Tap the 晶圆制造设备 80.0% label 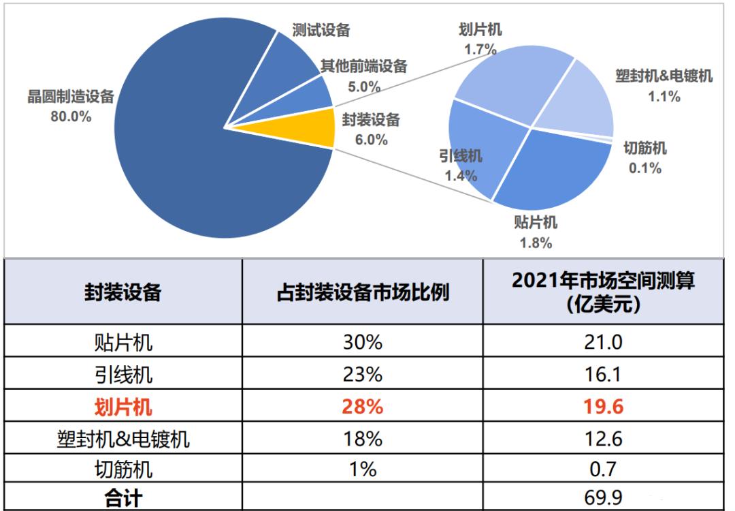[x=70, y=106]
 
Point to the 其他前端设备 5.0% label [x=363, y=76]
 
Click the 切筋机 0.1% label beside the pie [x=644, y=157]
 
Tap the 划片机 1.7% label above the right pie [x=480, y=39]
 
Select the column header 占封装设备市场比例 [x=363, y=292]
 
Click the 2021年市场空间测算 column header [x=603, y=292]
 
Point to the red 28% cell [x=363, y=407]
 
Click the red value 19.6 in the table [x=603, y=407]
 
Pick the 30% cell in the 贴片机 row [x=363, y=342]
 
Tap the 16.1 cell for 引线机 [x=603, y=375]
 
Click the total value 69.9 [x=603, y=497]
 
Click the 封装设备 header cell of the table [x=123, y=292]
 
